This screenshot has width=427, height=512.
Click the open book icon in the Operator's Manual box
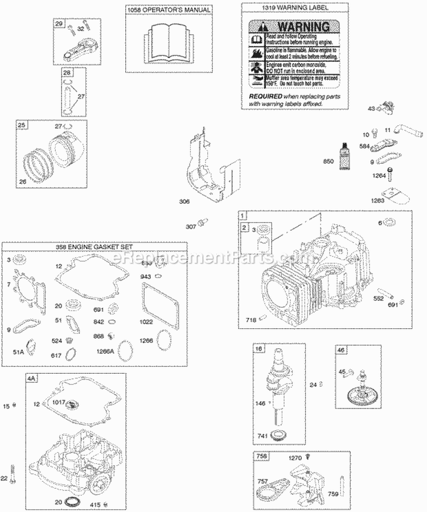169,39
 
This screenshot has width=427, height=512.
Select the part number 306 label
183,201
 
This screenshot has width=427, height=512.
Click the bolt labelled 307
201,221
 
